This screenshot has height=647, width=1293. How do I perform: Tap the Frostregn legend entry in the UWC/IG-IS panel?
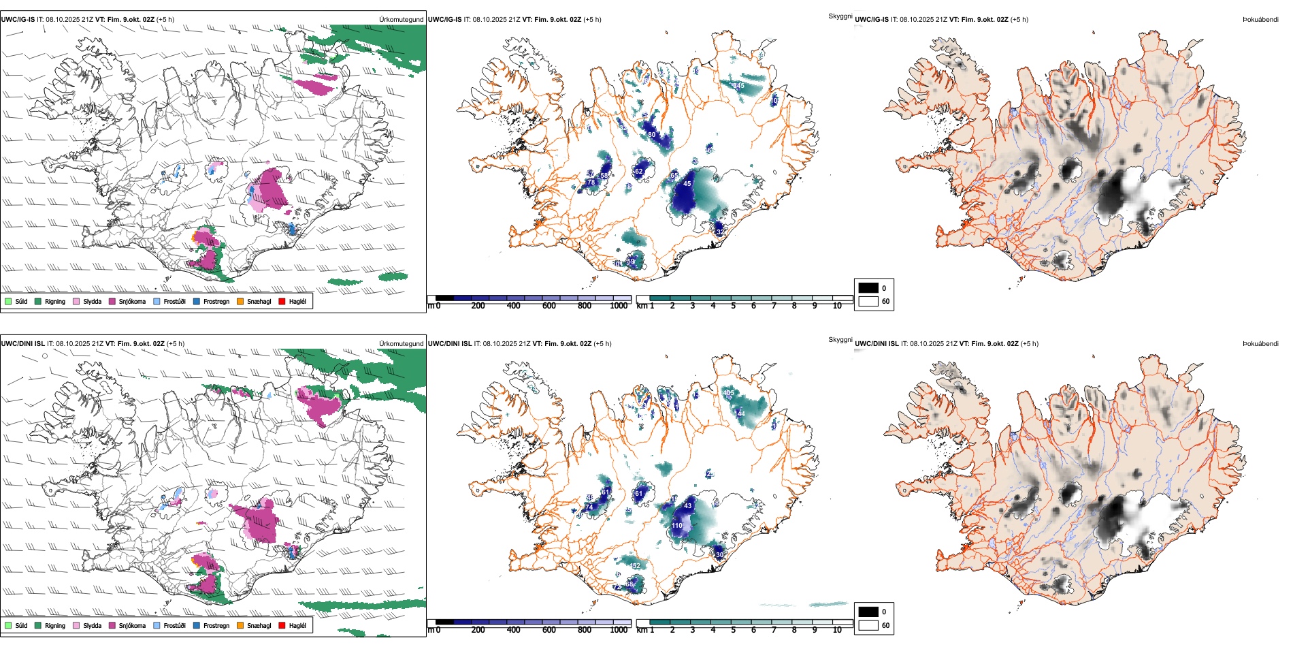[216, 302]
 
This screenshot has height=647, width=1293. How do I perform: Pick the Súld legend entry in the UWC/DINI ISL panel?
[21, 626]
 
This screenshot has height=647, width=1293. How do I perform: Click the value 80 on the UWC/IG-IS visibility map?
[651, 135]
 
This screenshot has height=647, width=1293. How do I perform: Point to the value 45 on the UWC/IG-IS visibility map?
[687, 184]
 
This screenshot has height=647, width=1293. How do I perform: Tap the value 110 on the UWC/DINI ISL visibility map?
[677, 526]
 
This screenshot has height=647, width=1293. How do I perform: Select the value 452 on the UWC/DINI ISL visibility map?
[636, 566]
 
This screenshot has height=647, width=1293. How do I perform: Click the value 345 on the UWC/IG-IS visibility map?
[738, 86]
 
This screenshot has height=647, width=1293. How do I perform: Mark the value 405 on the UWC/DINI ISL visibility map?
[729, 393]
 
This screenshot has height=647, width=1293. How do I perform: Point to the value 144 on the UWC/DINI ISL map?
[740, 414]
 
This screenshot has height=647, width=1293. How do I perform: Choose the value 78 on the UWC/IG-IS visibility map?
[591, 183]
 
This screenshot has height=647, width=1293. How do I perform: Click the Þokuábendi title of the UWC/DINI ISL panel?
[1260, 344]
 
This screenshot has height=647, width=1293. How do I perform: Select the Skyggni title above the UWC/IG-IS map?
[840, 16]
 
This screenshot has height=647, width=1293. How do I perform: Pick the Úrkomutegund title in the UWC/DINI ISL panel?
[401, 344]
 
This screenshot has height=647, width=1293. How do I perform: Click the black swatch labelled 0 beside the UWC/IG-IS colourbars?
[868, 288]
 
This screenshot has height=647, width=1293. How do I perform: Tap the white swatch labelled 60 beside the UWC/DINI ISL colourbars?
[868, 625]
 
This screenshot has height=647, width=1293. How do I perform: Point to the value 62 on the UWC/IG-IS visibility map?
[638, 172]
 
